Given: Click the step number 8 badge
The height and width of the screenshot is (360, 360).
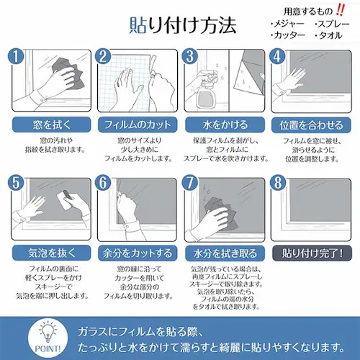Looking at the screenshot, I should coord(276,183).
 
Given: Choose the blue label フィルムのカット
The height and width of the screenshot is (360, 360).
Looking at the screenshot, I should coord(135,125).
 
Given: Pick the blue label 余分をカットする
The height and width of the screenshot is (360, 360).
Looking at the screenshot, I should coord(135,253).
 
